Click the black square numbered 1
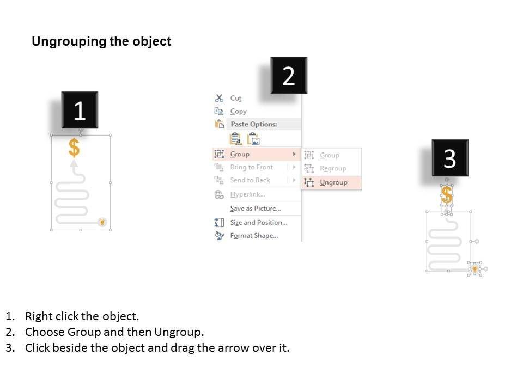tap(80, 110)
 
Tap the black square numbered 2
tap(289, 75)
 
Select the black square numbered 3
tap(450, 158)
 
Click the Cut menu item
tap(235, 98)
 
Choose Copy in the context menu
tap(238, 111)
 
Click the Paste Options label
tap(254, 124)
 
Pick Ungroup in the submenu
tap(333, 182)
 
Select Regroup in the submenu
tap(333, 168)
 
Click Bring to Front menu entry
tap(252, 167)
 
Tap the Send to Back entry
tap(250, 180)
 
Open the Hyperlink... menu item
tap(247, 194)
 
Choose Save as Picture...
tap(256, 209)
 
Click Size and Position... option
tap(258, 222)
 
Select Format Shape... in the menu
tap(254, 236)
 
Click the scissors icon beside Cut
tap(219, 98)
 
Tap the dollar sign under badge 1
tap(74, 148)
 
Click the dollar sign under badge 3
tap(447, 195)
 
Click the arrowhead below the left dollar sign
tap(74, 163)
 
